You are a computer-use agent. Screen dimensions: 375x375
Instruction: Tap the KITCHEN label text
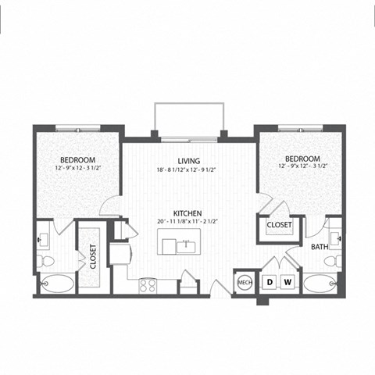[188, 212]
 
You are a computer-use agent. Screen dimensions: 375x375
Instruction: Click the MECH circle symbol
[245, 282]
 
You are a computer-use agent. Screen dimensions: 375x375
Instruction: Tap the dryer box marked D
[270, 282]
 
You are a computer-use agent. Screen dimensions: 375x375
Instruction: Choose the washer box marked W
[287, 282]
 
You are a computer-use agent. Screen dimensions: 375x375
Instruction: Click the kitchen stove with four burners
[148, 284]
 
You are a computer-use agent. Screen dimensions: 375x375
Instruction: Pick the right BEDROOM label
[300, 157]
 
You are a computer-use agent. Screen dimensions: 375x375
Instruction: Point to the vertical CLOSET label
[93, 256]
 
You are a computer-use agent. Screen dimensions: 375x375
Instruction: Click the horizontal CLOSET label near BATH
[279, 225]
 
